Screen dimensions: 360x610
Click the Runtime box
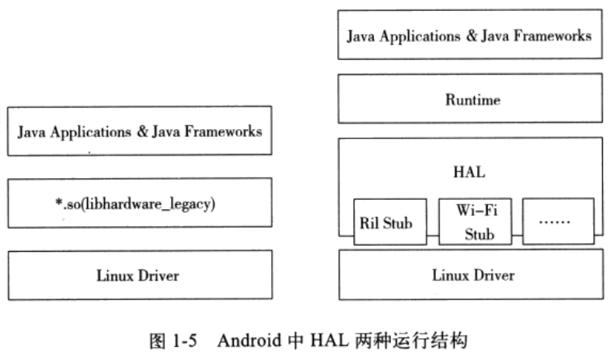pos(472,100)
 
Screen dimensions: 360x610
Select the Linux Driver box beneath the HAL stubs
pos(472,274)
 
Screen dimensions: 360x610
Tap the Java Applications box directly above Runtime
pos(472,35)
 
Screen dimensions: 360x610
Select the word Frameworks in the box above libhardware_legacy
pos(226,131)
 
